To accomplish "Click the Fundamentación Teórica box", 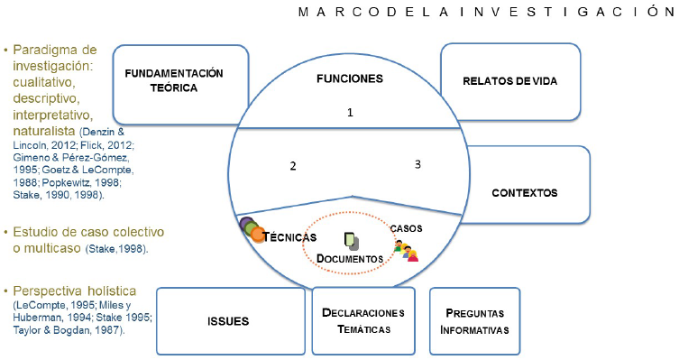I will [x=173, y=81].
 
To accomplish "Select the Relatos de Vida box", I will [x=509, y=81].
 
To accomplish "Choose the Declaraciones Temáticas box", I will [x=363, y=321].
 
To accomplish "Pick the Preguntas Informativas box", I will [x=474, y=321].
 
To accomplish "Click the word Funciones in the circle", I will [x=350, y=78].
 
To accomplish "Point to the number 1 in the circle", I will [x=350, y=112].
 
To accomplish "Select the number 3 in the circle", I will [x=417, y=164].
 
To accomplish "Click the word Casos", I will [x=406, y=228].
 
